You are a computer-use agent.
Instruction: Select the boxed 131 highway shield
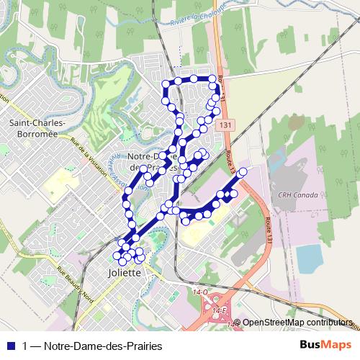click(227, 124)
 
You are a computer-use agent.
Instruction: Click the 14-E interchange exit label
click(220, 309)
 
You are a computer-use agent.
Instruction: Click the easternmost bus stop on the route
click(242, 171)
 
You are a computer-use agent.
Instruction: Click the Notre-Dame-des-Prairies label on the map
click(152, 161)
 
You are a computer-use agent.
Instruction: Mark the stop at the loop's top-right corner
click(212, 78)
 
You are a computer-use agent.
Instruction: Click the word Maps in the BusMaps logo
click(338, 346)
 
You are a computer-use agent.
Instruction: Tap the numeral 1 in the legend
click(25, 346)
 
